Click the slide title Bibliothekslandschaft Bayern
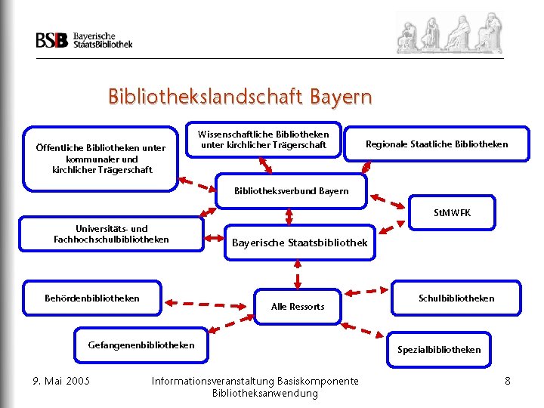240,97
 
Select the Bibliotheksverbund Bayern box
292,190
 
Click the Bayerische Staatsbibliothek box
299,243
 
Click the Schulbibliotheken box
456,298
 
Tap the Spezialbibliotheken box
438,349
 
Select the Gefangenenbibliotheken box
141,345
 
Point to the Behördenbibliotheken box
92,298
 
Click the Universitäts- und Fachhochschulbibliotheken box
111,234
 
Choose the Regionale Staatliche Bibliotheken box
437,144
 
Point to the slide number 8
508,380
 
